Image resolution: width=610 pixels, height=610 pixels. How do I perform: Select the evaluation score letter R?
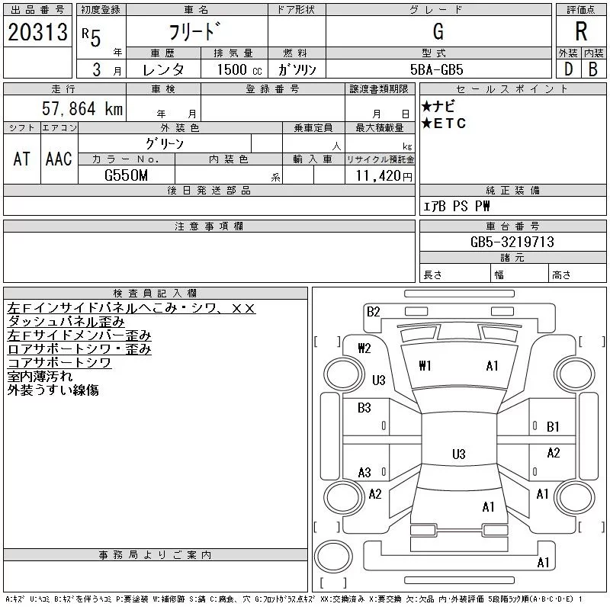581,31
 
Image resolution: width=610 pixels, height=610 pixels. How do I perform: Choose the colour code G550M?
127,175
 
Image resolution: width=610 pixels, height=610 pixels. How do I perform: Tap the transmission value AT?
21,159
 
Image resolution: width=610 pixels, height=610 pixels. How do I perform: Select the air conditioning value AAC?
59,159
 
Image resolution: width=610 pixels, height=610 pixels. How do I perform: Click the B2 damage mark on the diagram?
373,311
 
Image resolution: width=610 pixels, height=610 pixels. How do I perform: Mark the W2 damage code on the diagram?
364,348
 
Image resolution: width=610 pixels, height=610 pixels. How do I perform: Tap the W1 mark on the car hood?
425,366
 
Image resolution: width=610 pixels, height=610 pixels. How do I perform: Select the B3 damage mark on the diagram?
364,408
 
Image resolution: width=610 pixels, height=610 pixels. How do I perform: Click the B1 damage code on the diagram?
553,427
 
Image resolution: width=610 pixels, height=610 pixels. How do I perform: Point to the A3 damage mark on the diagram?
364,473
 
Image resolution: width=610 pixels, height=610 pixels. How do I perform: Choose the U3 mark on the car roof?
458,454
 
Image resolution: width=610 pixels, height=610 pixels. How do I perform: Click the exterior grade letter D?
567,69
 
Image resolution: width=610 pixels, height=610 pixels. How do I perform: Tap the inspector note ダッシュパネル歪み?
66,322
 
